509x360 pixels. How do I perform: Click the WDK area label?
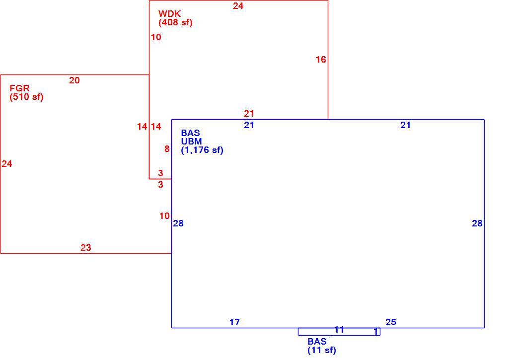point(169,14)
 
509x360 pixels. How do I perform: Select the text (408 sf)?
point(175,22)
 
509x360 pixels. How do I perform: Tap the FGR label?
point(19,88)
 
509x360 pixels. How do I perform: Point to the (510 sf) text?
point(26,97)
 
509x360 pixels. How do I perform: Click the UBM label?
point(192,142)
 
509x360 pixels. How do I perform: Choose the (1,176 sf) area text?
point(202,150)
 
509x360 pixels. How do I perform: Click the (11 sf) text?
point(322,350)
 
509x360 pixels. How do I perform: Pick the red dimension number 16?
point(321,60)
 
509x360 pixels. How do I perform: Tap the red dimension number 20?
point(74,80)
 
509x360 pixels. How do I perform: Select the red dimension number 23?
point(86,248)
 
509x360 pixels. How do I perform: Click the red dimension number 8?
point(167,149)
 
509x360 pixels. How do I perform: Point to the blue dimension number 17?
point(234,322)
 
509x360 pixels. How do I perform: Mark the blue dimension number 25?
point(391,322)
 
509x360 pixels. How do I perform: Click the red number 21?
point(249,114)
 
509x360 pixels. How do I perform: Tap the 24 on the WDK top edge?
point(238,6)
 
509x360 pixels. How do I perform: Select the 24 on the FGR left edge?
point(7,164)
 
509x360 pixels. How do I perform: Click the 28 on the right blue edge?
point(477,223)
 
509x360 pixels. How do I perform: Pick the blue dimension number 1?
point(376,332)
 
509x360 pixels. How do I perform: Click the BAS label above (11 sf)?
point(317,342)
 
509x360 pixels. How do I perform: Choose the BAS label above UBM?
point(191,133)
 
